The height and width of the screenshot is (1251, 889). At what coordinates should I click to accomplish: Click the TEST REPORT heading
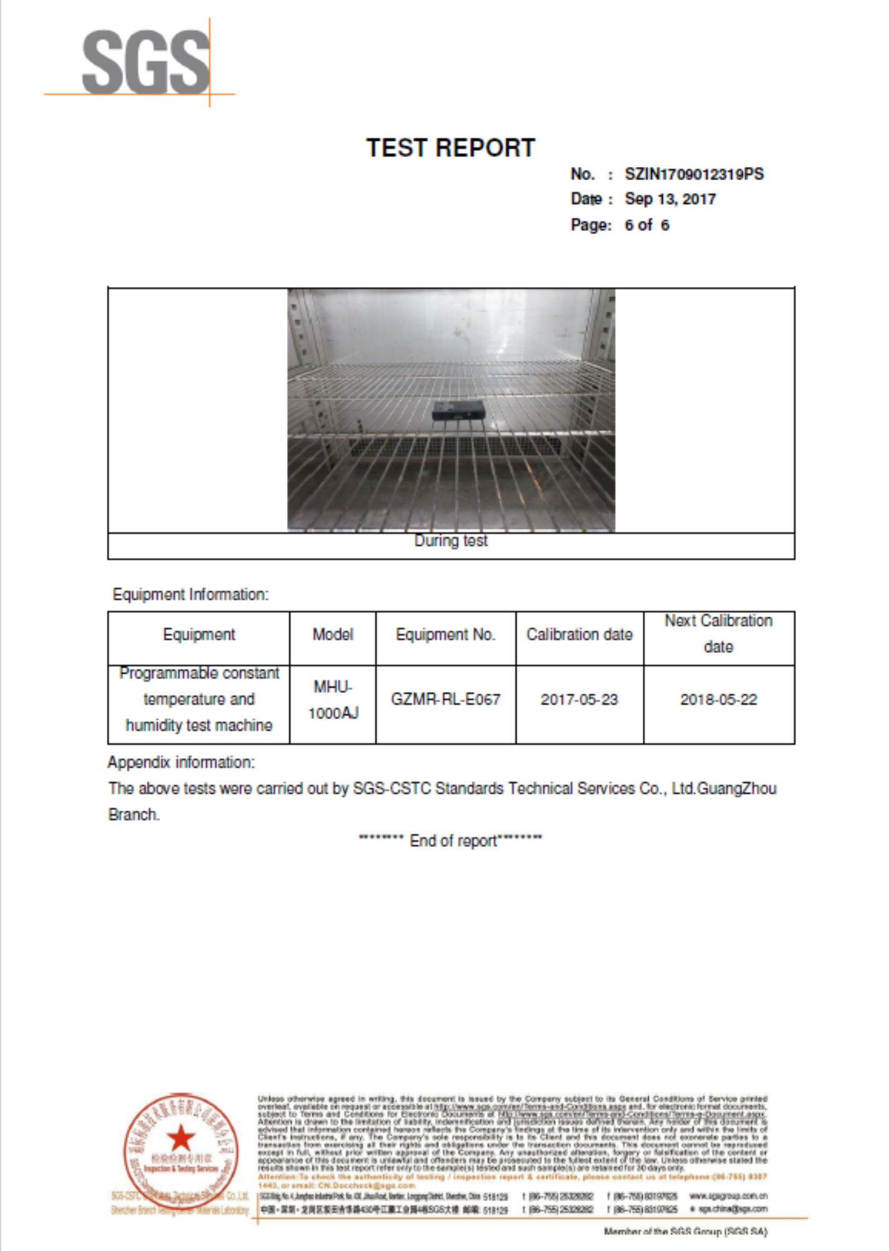tap(450, 148)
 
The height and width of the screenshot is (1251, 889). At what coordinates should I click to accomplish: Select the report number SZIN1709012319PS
tap(694, 175)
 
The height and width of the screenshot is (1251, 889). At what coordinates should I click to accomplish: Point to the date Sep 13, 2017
tap(670, 200)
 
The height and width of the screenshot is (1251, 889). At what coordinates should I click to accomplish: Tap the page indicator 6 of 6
tap(646, 225)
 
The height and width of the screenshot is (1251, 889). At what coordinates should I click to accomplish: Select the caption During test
tap(451, 541)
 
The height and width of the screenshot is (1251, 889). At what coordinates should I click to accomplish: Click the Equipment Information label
tap(190, 594)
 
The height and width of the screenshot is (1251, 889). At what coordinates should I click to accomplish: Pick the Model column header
tap(333, 635)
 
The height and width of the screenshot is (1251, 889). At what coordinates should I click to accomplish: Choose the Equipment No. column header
tap(445, 635)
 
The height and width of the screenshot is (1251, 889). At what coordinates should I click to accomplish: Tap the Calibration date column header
tap(579, 635)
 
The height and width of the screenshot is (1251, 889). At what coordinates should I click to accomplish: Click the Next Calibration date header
tap(718, 634)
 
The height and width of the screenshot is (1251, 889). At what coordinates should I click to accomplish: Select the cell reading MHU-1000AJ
tap(333, 700)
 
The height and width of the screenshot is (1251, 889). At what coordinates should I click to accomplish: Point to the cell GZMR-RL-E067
tap(445, 699)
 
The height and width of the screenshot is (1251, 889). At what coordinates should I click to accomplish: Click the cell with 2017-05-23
tap(579, 699)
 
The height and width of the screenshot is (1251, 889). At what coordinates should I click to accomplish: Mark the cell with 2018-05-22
tap(718, 699)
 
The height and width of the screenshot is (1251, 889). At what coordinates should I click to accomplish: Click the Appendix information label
tap(181, 762)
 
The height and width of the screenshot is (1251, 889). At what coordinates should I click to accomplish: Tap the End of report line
tap(450, 841)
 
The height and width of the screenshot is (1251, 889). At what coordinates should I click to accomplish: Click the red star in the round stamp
tap(181, 1138)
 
